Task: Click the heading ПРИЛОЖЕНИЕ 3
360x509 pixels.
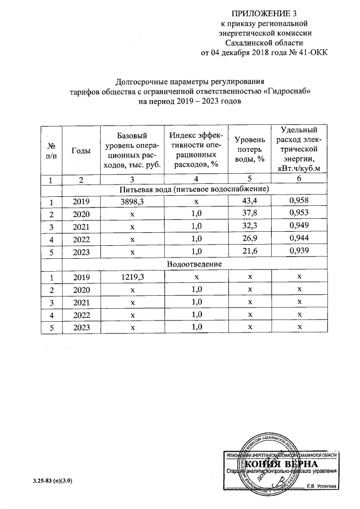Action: [x=264, y=13]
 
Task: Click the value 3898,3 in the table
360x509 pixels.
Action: [x=133, y=201]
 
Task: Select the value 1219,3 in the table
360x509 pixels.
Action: [x=133, y=277]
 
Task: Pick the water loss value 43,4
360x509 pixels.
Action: [x=249, y=201]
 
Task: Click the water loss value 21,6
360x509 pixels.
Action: [x=249, y=251]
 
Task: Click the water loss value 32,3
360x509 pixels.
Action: [x=249, y=226]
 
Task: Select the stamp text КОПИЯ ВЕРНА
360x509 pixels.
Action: [x=277, y=464]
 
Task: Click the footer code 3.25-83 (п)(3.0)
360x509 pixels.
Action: [x=52, y=481]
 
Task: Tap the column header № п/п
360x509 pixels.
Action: [x=51, y=150]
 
